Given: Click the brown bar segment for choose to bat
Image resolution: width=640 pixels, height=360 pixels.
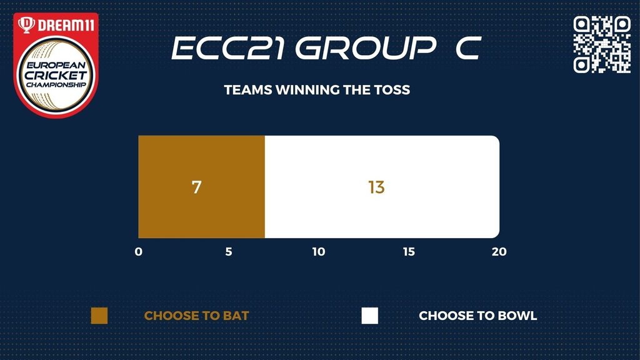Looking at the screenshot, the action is (x=202, y=187).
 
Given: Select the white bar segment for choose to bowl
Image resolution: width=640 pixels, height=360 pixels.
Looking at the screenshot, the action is (x=382, y=187).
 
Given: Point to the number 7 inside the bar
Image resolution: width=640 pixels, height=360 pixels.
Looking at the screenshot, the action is (x=196, y=187).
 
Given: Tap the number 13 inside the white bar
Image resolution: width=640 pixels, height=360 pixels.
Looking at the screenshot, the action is (x=376, y=187).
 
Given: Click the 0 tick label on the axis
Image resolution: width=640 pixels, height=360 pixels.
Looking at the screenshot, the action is (x=139, y=251).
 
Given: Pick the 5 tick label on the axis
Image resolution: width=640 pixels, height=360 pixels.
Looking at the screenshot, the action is (x=229, y=251).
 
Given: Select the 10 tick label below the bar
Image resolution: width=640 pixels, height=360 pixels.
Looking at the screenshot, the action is (x=319, y=251).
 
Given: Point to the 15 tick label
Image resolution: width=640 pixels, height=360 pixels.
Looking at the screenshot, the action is (x=409, y=251).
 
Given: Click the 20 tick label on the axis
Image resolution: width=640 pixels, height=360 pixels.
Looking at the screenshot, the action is (x=499, y=251).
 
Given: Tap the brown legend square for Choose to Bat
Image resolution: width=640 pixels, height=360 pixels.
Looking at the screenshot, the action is (x=99, y=316).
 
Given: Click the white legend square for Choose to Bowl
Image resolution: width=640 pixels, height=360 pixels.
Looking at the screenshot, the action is (x=370, y=316).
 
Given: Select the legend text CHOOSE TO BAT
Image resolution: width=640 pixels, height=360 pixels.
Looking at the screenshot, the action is (x=196, y=316).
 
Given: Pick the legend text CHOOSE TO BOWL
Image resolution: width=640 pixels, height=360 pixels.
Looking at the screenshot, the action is (x=478, y=316).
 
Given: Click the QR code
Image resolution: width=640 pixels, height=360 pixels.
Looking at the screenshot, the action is (x=602, y=44).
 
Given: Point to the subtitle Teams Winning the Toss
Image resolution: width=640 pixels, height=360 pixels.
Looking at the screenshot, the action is (x=317, y=90).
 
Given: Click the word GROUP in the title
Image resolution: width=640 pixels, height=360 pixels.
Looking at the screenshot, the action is (x=366, y=48).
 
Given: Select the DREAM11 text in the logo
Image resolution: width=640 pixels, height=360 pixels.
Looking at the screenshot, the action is (x=66, y=25).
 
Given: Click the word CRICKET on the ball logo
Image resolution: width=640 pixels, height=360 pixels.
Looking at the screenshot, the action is (x=56, y=75).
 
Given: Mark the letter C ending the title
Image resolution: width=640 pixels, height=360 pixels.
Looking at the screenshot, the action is (x=469, y=48).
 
